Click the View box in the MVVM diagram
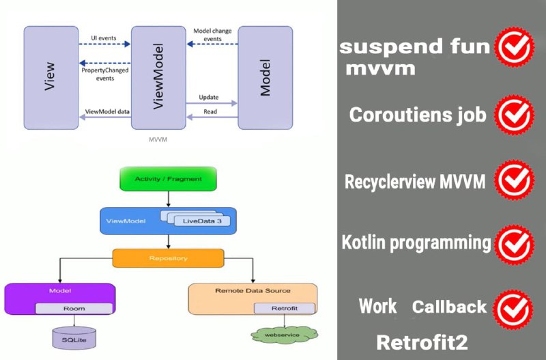51,78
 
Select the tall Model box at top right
265,78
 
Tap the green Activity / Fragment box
168,179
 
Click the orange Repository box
168,258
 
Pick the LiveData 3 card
202,221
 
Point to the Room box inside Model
74,308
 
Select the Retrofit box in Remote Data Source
285,308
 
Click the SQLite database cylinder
74,338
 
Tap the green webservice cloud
284,335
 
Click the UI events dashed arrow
104,44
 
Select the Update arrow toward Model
212,103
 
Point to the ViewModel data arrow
105,117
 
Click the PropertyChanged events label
105,74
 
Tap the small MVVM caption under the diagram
158,139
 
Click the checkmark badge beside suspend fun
515,48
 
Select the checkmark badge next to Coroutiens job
515,115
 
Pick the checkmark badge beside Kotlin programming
515,245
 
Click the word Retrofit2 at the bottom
422,342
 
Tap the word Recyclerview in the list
390,182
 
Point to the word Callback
449,307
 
